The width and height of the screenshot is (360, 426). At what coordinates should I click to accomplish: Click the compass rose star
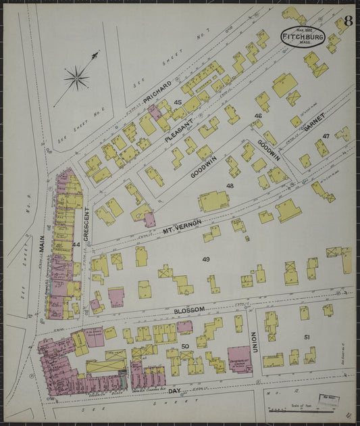[x=76, y=77]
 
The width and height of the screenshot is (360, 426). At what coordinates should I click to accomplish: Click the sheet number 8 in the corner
[x=347, y=21]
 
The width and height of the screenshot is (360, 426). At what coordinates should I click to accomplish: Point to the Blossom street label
[x=189, y=309]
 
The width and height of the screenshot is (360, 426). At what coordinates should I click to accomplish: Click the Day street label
[x=174, y=391]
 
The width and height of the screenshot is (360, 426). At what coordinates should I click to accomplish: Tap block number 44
[x=76, y=244]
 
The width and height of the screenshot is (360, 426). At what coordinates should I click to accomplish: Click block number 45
[x=178, y=102]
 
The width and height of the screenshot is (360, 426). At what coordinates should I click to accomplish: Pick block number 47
[x=326, y=136]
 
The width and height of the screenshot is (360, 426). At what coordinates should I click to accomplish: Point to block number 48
[x=230, y=185]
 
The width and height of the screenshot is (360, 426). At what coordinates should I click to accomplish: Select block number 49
[x=205, y=259]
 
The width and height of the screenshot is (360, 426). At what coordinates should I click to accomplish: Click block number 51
[x=307, y=336]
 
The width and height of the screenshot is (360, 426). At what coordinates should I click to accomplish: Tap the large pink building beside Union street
[x=238, y=359]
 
